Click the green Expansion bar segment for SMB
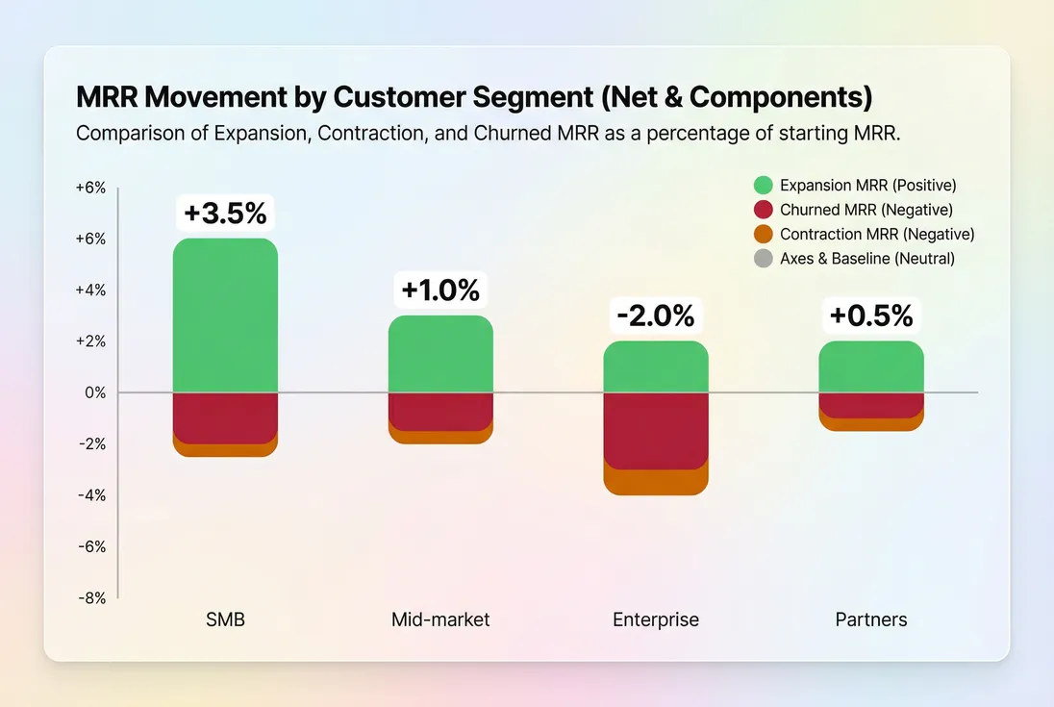point(225,316)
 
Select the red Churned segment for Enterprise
point(656,430)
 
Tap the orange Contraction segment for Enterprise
point(656,483)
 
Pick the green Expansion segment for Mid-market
point(440,354)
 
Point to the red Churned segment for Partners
point(871,405)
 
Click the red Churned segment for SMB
point(225,417)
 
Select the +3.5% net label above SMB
point(225,213)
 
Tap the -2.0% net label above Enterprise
point(656,316)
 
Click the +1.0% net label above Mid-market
point(440,290)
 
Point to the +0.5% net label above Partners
point(871,316)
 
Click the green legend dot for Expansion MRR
point(764,186)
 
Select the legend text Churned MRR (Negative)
point(866,210)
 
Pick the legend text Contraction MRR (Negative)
point(876,234)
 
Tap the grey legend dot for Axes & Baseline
point(764,258)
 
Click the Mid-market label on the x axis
point(440,619)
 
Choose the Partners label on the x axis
point(871,619)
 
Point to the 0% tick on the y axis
point(94,392)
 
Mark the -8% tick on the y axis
point(91,597)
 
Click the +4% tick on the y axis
point(91,290)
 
